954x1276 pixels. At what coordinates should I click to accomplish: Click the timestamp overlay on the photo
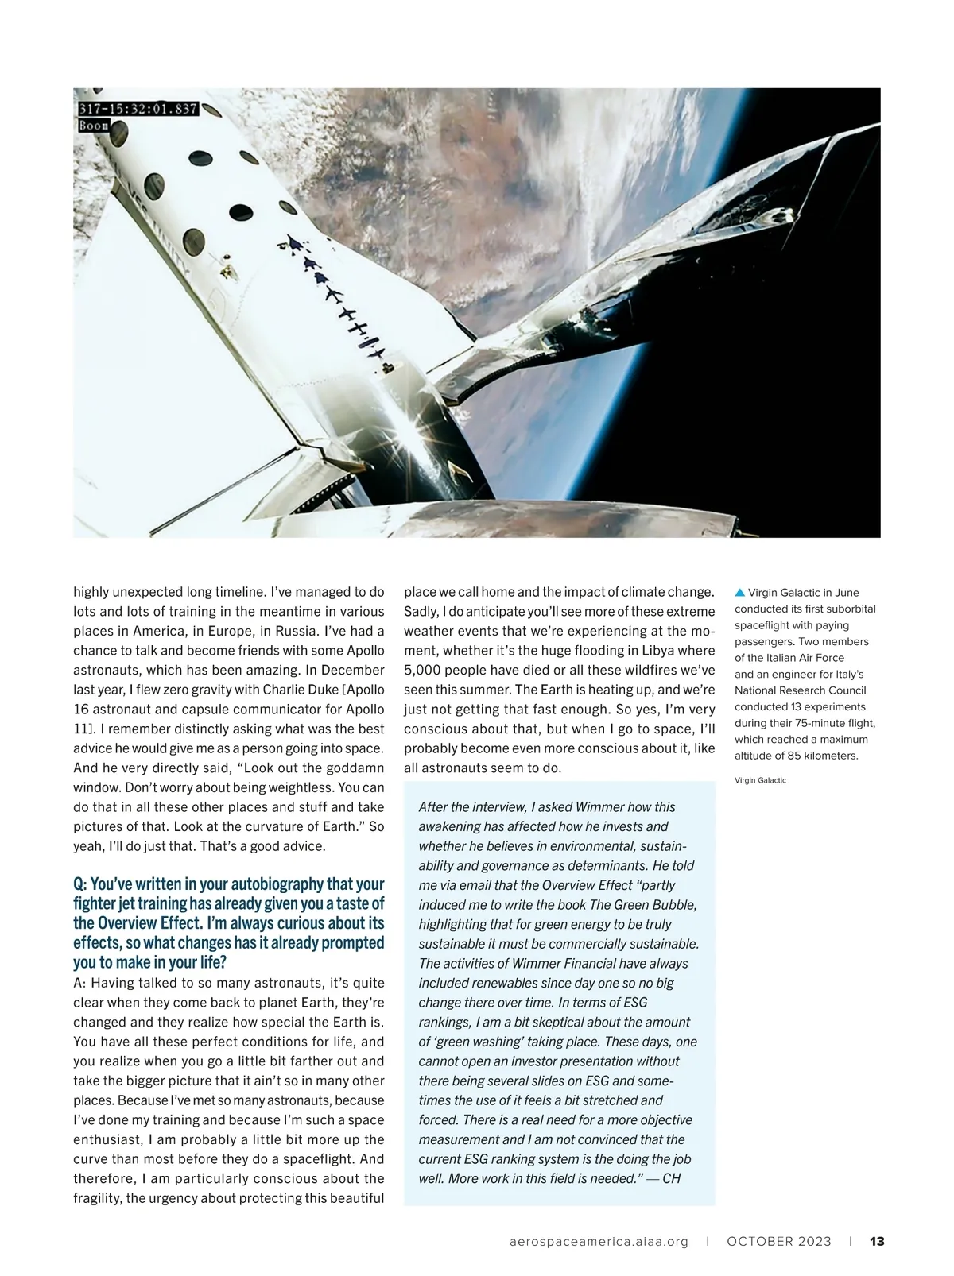tap(138, 109)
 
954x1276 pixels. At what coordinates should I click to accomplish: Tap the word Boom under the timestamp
tap(94, 126)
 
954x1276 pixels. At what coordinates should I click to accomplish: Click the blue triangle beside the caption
tap(739, 592)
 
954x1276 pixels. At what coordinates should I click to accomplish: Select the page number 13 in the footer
tap(878, 1241)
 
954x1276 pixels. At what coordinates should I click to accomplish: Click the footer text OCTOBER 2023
tap(779, 1241)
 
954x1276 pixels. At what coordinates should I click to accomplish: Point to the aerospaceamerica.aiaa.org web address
tap(599, 1241)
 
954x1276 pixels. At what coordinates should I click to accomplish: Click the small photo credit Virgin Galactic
tap(760, 780)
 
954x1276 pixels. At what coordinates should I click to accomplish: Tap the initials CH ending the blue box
tap(671, 1178)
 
